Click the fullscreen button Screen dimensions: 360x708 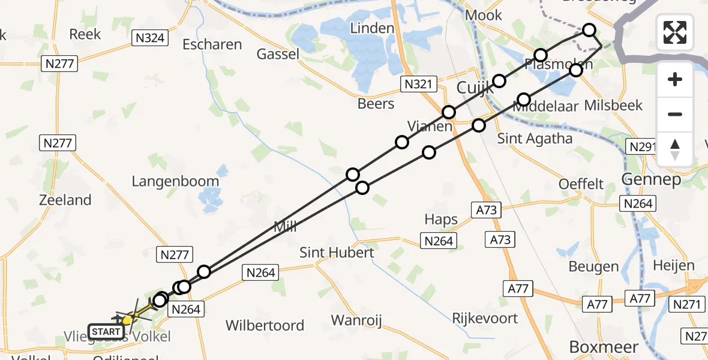(x=675, y=32)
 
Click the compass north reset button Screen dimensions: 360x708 (x=675, y=149)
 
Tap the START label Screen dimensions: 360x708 (x=106, y=331)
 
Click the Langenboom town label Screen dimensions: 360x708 (x=176, y=181)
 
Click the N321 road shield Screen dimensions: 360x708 (x=418, y=84)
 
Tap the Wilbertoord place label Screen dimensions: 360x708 (x=265, y=325)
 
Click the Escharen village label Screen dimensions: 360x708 (x=212, y=44)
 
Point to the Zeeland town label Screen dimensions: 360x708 (x=65, y=200)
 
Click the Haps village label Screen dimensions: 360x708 (x=441, y=220)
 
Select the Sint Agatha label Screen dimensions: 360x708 (x=535, y=139)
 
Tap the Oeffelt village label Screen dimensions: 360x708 (x=581, y=184)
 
